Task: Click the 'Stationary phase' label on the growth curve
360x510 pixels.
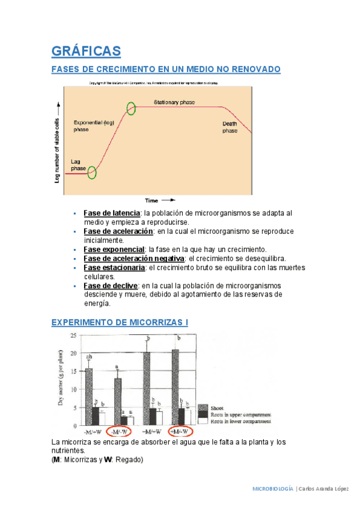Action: point(174,103)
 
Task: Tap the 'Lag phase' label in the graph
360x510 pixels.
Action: point(79,165)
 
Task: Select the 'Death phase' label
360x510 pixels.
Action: point(230,127)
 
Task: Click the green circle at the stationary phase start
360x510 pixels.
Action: point(131,108)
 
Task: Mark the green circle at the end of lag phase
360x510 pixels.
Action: point(91,173)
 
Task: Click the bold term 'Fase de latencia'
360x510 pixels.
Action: point(112,213)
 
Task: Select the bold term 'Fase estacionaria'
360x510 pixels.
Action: point(114,267)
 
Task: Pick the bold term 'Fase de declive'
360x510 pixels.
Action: point(111,286)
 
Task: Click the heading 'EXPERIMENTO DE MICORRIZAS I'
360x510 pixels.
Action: point(120,323)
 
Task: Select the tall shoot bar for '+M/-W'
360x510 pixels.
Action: point(175,387)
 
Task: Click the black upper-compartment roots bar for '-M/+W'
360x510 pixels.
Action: point(96,416)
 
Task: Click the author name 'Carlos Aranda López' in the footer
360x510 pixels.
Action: point(323,488)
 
